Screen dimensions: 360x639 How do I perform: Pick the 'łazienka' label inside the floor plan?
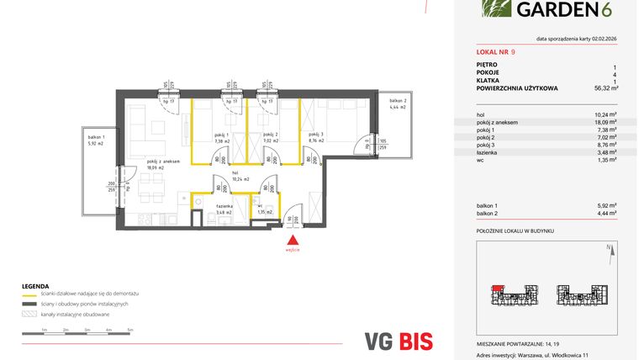[x=224, y=206]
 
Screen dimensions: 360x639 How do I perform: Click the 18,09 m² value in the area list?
[x=606, y=122]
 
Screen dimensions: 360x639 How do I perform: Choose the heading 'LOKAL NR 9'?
[x=496, y=52]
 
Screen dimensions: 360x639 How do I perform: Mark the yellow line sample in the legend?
[x=29, y=294]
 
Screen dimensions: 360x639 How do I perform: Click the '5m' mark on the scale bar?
[x=130, y=330]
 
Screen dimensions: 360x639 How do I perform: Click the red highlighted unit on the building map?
[x=497, y=288]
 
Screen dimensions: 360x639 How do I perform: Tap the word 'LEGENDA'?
[x=36, y=285]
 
